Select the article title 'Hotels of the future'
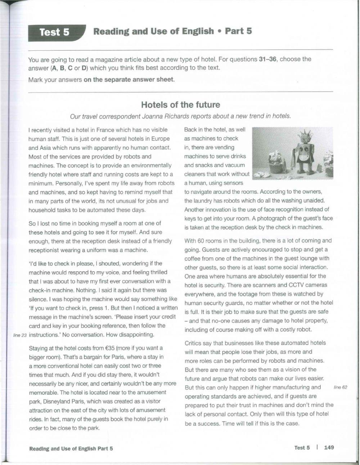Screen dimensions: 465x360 [180, 105]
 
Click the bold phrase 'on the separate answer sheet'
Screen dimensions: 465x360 [129, 80]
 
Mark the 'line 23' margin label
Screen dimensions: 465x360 [19, 335]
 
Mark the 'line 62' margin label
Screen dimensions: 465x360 [340, 387]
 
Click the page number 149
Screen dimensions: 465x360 [329, 447]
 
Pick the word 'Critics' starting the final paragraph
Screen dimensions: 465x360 [194, 343]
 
